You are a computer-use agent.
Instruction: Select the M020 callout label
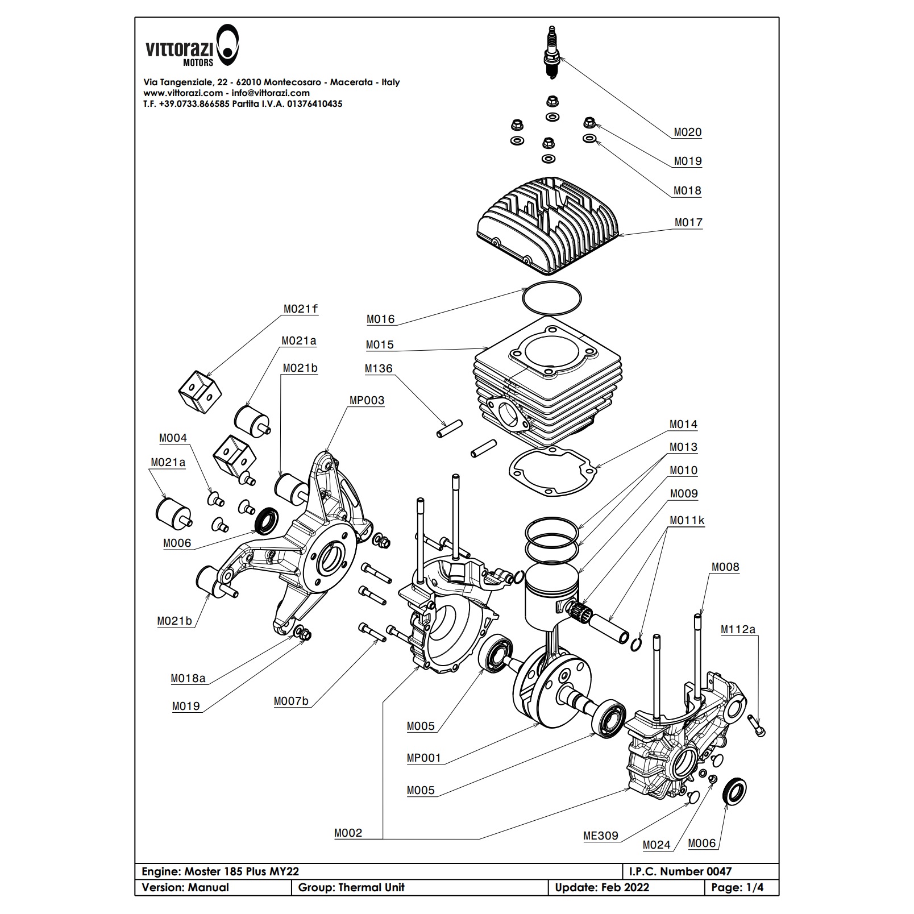click(x=688, y=132)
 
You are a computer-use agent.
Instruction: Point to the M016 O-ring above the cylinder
click(x=552, y=297)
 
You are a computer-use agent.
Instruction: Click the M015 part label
click(x=380, y=345)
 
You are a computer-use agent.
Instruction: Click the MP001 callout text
click(x=423, y=758)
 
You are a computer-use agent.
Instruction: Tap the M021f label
click(x=301, y=309)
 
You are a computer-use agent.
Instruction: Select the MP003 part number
click(x=367, y=401)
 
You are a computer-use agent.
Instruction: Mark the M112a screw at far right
click(x=757, y=726)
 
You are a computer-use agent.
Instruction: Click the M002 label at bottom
click(x=348, y=833)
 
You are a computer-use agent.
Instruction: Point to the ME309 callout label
click(x=600, y=836)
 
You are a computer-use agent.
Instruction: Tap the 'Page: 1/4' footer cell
click(x=741, y=887)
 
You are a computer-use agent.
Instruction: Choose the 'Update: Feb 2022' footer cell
click(x=602, y=887)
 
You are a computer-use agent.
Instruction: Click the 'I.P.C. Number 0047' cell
click(x=680, y=871)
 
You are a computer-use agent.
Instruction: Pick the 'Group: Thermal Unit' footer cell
click(x=351, y=887)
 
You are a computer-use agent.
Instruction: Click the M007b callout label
click(x=291, y=701)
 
